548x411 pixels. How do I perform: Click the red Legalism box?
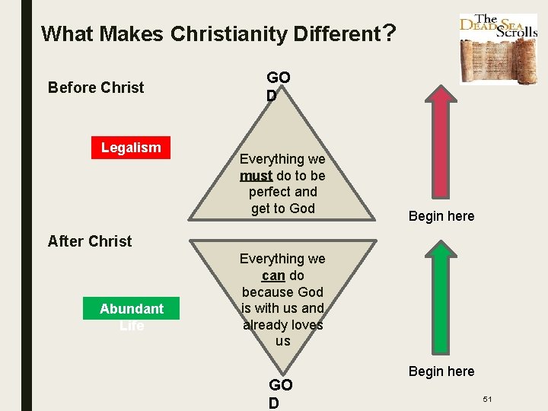tap(131, 148)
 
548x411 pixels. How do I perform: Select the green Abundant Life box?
tap(132, 308)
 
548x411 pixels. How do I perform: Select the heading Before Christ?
tap(96, 88)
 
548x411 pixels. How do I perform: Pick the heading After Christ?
tap(90, 241)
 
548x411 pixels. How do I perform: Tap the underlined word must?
tap(256, 176)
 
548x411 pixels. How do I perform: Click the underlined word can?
tap(273, 276)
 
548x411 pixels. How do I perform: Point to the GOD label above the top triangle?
tap(278, 86)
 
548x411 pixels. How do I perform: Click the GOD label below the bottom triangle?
tap(280, 393)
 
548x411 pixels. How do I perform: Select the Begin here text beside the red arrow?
tap(441, 216)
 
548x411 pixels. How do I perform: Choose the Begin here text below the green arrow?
tap(441, 371)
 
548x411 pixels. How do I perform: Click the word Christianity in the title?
tap(227, 34)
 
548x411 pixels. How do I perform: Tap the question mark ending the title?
tap(389, 33)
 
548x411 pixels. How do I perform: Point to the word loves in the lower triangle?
tap(305, 325)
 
